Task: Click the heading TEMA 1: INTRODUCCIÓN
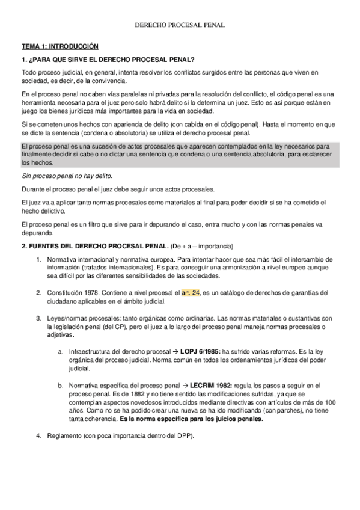[59, 46]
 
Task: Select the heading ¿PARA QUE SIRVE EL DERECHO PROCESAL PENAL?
[111, 59]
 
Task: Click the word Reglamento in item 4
[65, 435]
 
